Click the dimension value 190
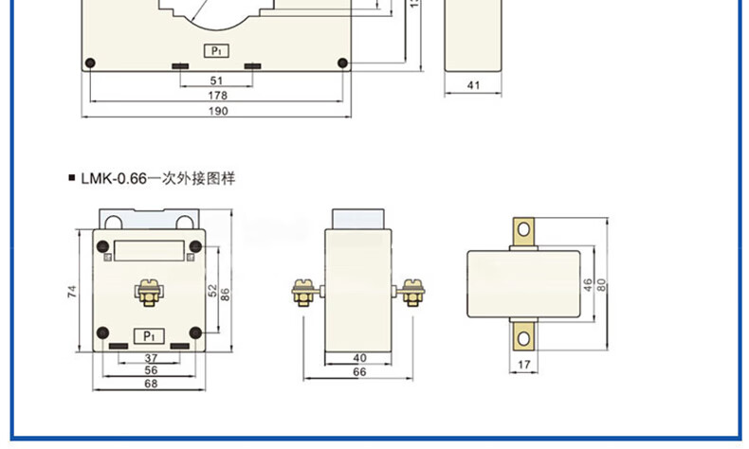coord(217,111)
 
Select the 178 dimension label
coord(217,96)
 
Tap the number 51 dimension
coord(217,81)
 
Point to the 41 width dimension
coord(475,85)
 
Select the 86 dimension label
coord(225,294)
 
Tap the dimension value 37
coord(150,357)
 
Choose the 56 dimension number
coord(150,370)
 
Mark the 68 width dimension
coord(150,384)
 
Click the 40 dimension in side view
coord(357,357)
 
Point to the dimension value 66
coord(357,372)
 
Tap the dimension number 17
coord(523,364)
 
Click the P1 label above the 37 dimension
coord(148,334)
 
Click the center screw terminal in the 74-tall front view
coord(148,291)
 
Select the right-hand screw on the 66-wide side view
coord(411,291)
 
